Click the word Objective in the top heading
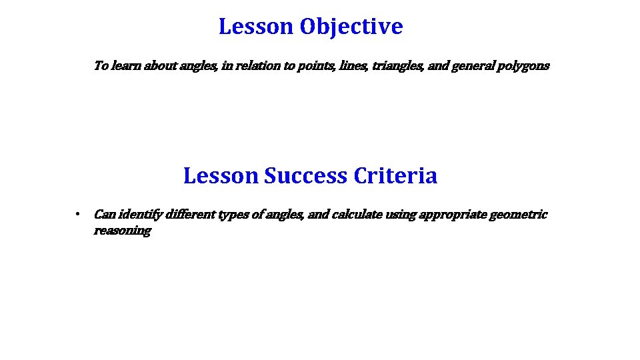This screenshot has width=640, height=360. (x=351, y=27)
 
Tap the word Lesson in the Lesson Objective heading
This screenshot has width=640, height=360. (x=256, y=27)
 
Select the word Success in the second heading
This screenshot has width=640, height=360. (x=306, y=176)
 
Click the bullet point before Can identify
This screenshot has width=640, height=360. (x=78, y=215)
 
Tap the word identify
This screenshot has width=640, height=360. (x=143, y=215)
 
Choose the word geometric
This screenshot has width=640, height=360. (x=518, y=215)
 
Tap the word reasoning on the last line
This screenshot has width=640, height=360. (x=122, y=231)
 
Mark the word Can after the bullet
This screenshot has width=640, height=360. (x=105, y=215)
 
